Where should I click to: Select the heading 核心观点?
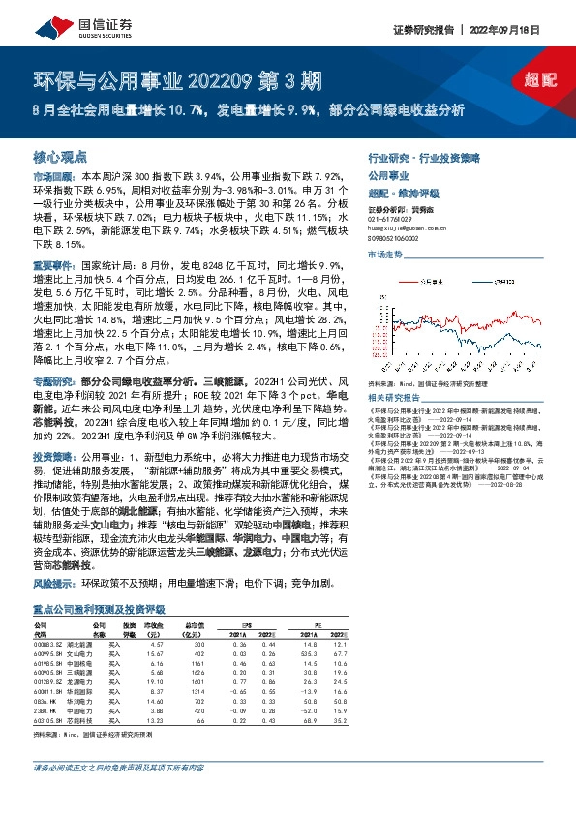60,155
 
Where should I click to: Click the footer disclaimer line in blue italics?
117,796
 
